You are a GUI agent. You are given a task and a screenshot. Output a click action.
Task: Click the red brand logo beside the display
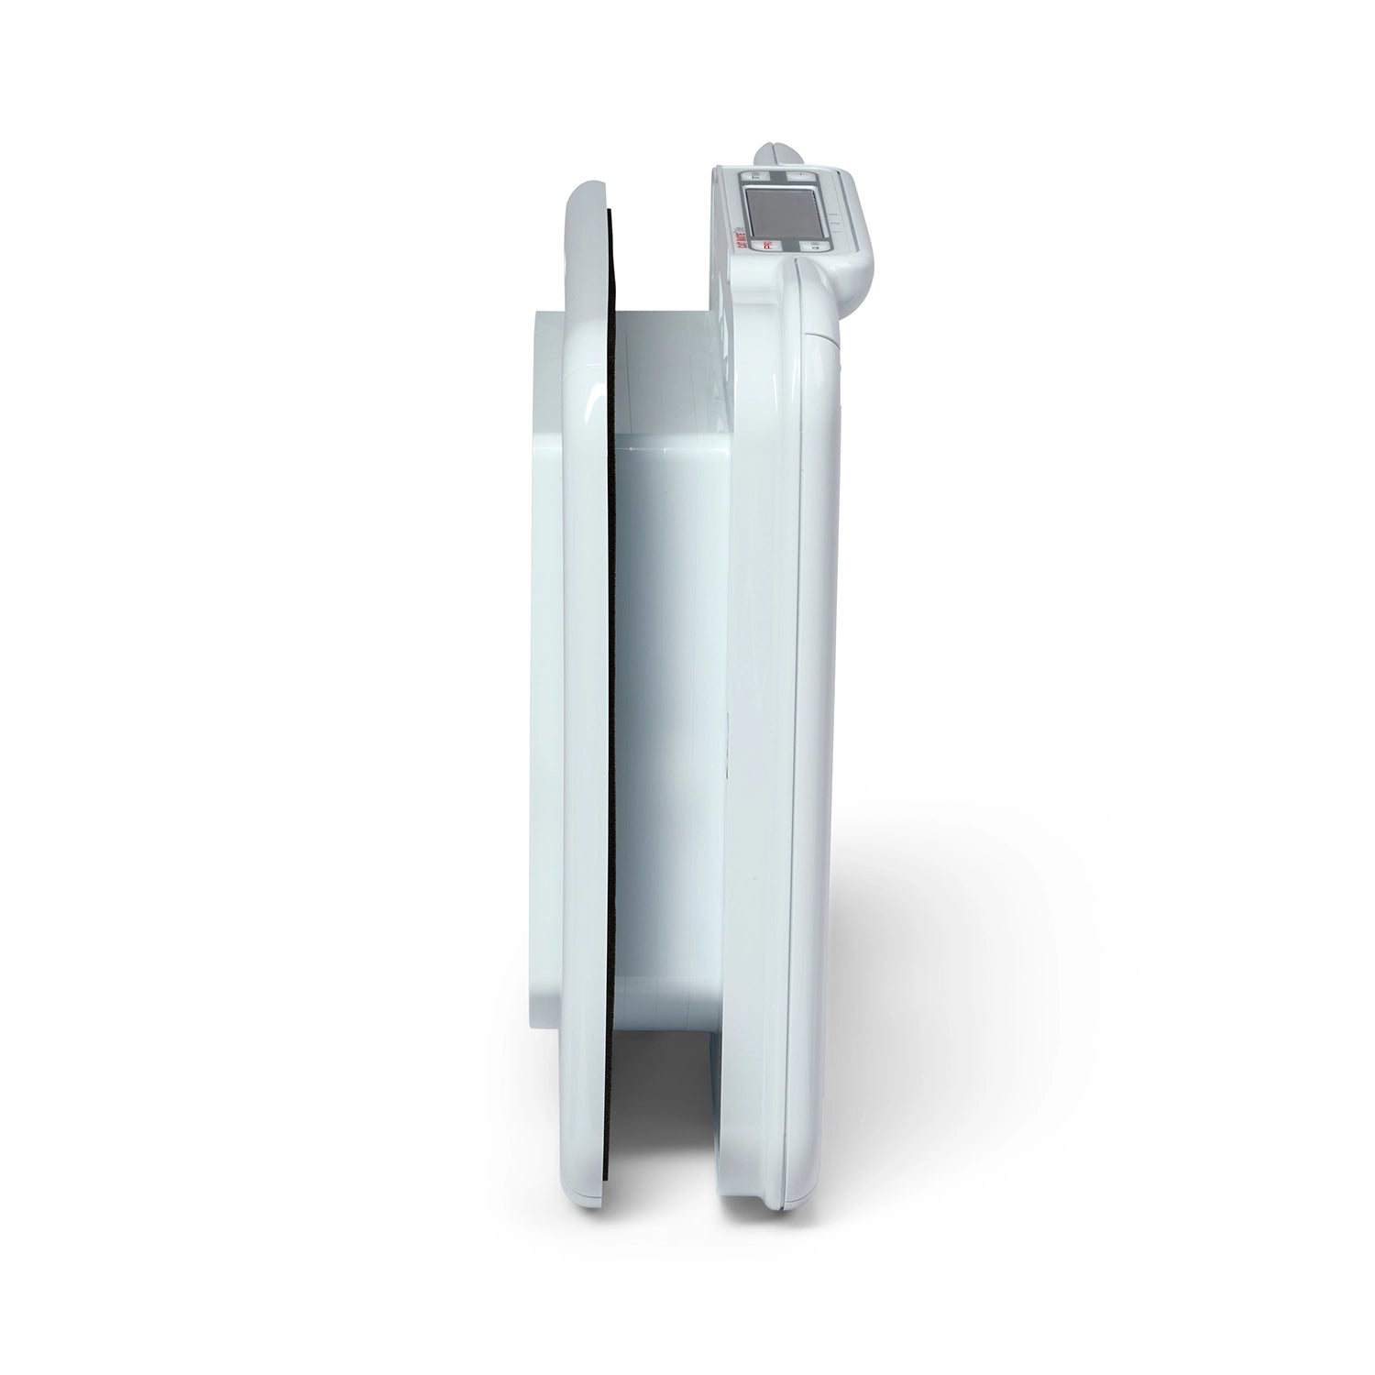tap(741, 240)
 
